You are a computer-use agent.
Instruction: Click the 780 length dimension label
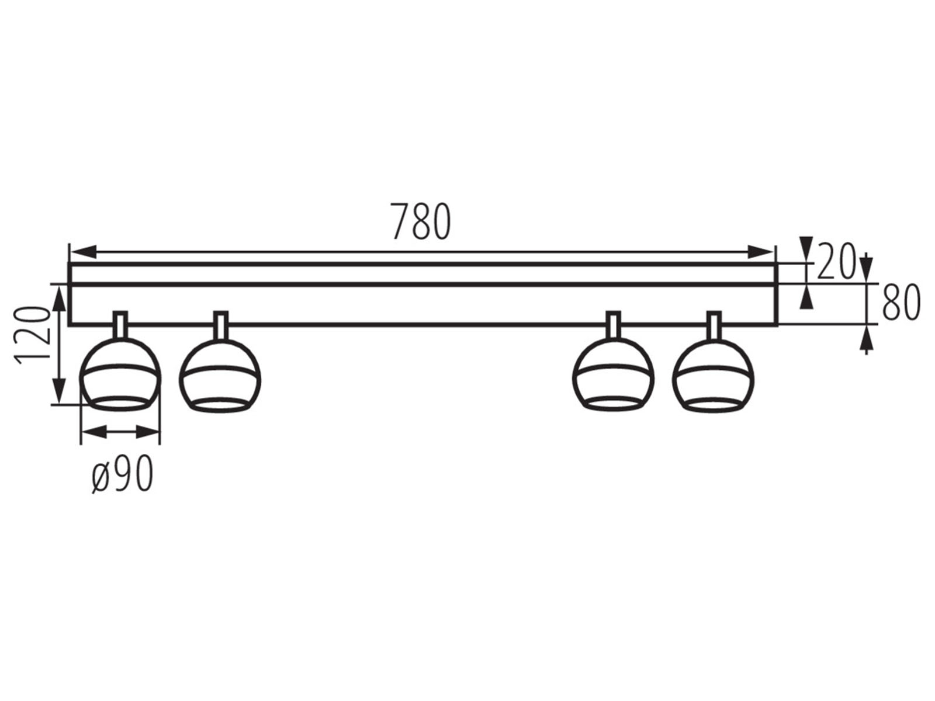(421, 221)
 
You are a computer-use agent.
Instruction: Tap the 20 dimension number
(836, 261)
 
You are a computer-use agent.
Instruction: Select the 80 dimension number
(901, 303)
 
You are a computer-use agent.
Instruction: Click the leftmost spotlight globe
(120, 374)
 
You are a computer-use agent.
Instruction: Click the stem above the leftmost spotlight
(120, 325)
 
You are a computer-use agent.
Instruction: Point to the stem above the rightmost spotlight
(714, 325)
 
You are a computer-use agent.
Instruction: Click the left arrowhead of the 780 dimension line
(82, 252)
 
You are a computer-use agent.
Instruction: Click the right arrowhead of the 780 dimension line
(760, 252)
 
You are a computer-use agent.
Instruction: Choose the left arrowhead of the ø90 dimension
(93, 432)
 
